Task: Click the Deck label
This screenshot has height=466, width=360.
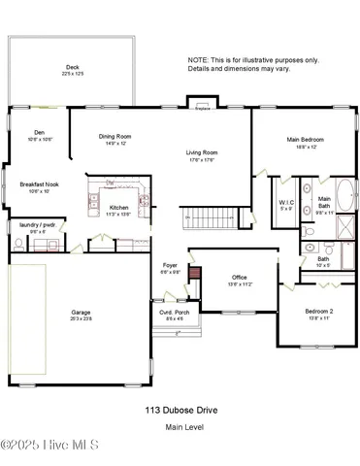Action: coord(70,68)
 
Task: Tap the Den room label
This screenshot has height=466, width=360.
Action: coord(39,135)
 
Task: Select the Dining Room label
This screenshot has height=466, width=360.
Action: coord(115,137)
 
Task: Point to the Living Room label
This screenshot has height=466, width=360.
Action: coord(202,152)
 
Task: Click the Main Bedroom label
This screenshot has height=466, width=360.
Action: coord(305,140)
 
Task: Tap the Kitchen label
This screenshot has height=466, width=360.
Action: coord(118,208)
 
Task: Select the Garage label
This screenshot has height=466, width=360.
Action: coord(81,313)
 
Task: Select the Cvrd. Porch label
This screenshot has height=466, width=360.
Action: coord(174,313)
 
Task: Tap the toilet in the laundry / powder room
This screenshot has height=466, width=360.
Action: coord(18,245)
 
